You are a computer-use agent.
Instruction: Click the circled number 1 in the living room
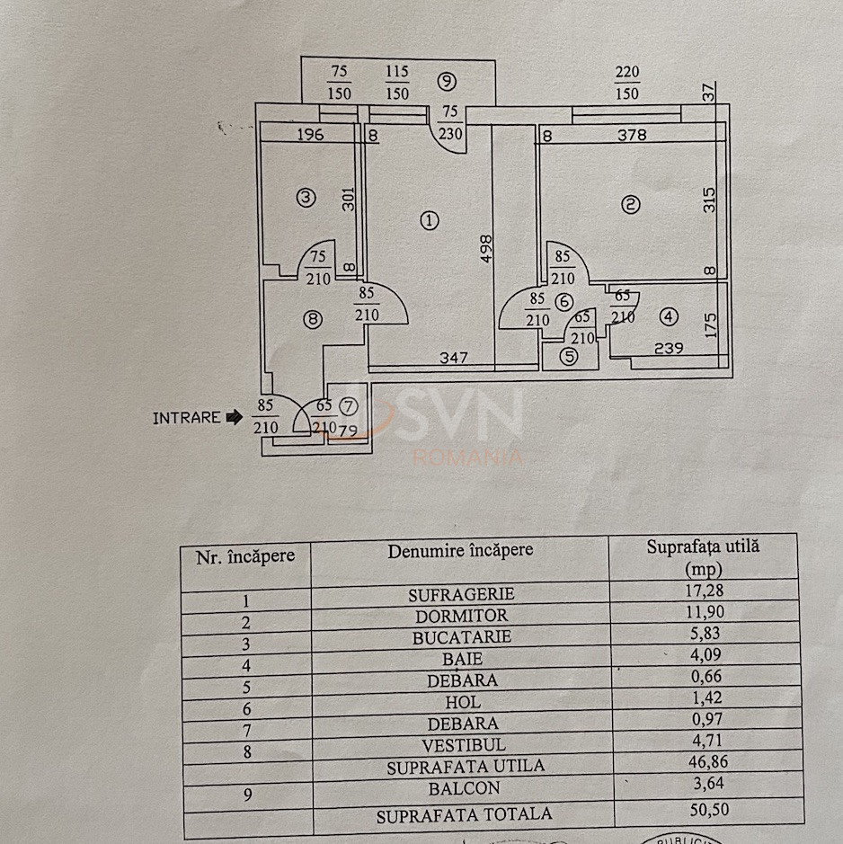430,219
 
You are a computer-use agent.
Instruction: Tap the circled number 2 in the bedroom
631,205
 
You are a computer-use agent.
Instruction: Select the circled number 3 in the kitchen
306,197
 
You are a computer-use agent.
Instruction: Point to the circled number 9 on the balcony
447,82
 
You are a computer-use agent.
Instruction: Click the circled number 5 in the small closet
569,356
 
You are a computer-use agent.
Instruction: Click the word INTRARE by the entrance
186,418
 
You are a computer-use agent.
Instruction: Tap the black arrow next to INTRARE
234,417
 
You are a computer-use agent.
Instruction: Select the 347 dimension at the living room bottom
455,359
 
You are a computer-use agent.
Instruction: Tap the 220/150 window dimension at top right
627,83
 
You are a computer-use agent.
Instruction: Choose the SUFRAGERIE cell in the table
461,594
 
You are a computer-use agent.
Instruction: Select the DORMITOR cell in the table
461,617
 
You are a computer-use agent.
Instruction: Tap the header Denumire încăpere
460,550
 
